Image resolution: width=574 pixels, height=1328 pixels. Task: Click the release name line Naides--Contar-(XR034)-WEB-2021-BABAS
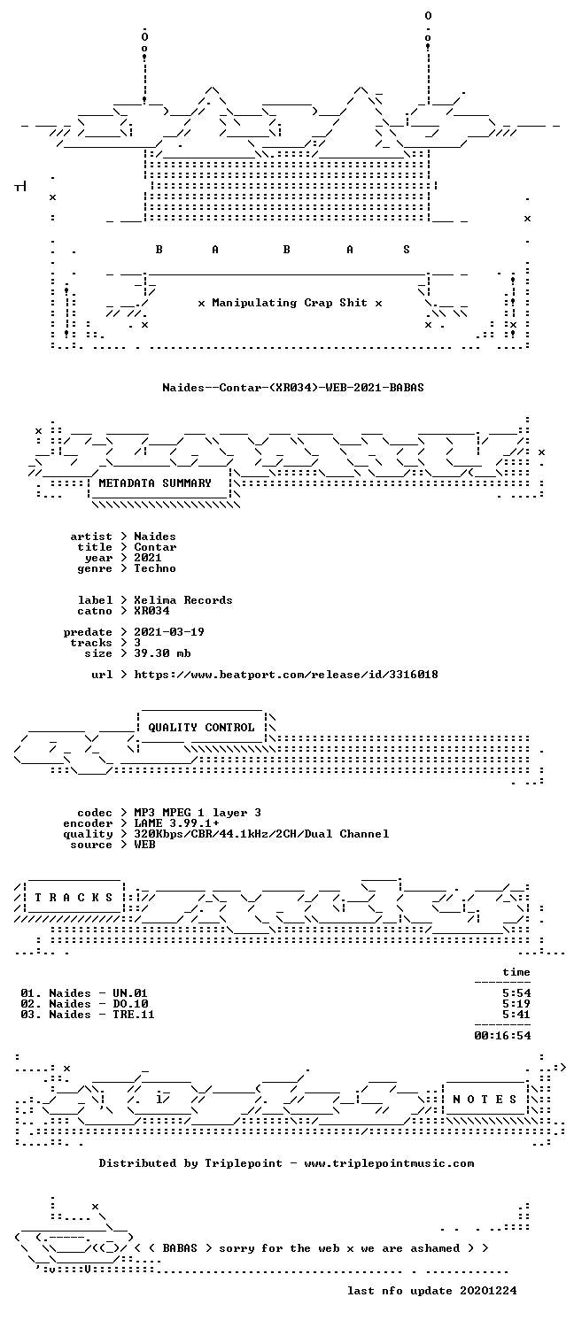[x=293, y=388]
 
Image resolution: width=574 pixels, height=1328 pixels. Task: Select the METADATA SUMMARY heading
[x=155, y=483]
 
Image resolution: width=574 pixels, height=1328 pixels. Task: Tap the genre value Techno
[x=155, y=568]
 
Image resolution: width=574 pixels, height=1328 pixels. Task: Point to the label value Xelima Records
[x=183, y=600]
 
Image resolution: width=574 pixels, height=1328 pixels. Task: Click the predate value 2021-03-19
[x=169, y=632]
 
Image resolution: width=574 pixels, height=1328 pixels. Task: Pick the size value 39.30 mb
[x=162, y=653]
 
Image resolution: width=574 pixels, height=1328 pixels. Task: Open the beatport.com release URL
[x=286, y=675]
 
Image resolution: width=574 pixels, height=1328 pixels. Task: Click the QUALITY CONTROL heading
[x=201, y=728]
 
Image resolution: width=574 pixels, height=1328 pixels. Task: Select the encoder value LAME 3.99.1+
[x=176, y=823]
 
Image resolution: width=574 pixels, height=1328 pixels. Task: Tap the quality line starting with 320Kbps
[x=261, y=834]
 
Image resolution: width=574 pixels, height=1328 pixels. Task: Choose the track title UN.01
[x=130, y=993]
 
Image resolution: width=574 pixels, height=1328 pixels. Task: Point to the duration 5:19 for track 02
[x=516, y=1004]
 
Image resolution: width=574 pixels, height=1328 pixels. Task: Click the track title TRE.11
[x=134, y=1015]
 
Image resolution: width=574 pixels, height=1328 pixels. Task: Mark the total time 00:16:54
[x=502, y=1036]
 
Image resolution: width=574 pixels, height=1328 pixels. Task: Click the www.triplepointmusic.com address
[x=389, y=1163]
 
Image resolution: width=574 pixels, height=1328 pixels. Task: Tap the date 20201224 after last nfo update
[x=488, y=1291]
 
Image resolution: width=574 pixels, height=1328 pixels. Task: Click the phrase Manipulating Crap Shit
[x=290, y=303]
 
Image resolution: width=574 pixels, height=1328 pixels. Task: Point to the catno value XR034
[x=151, y=611]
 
